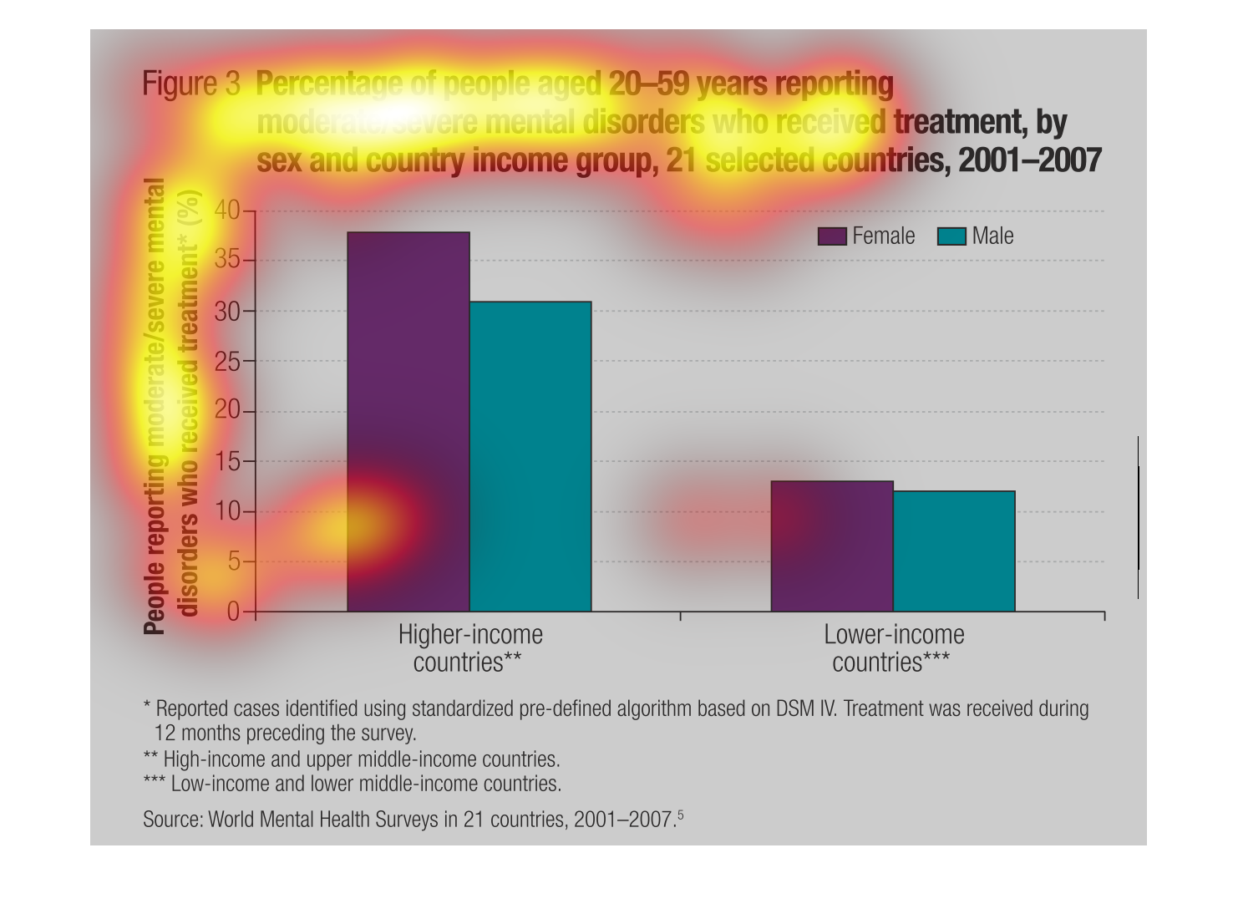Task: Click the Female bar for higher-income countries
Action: (408, 421)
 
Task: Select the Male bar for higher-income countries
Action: (530, 456)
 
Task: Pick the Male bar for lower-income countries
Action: (954, 551)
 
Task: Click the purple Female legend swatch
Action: (832, 236)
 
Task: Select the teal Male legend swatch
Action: (951, 236)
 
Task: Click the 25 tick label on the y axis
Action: (227, 362)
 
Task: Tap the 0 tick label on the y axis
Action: (234, 612)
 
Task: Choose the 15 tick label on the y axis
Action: (227, 462)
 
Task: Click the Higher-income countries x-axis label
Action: (469, 648)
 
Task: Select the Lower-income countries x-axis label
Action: (893, 648)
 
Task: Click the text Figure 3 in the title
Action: (191, 84)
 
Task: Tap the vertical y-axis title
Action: (170, 405)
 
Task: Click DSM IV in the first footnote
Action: (805, 708)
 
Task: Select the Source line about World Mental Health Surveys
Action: (413, 819)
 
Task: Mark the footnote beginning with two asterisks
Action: (352, 759)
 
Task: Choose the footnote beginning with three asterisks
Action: (353, 784)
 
